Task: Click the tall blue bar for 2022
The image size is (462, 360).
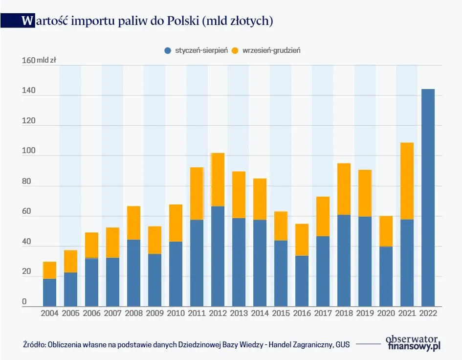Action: point(427,198)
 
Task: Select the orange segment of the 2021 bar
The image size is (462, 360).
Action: point(406,181)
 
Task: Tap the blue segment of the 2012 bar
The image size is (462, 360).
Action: point(218,256)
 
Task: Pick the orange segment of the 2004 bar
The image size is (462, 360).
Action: point(49,270)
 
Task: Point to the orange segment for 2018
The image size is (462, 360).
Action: point(344,189)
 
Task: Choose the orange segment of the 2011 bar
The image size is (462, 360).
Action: point(197,194)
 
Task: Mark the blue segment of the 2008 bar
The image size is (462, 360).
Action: point(133,273)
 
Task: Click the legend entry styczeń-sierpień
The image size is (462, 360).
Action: point(196,50)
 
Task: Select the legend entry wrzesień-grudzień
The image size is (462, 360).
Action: point(266,50)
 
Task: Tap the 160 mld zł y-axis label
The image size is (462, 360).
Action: point(39,61)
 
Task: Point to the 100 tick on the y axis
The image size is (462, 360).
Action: point(28,151)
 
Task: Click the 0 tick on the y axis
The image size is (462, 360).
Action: point(24,302)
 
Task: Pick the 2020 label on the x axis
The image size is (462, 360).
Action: point(386,314)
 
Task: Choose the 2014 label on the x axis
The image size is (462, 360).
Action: point(260,314)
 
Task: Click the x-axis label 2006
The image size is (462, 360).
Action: point(91,314)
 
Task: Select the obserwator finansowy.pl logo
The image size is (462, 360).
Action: point(413,342)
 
